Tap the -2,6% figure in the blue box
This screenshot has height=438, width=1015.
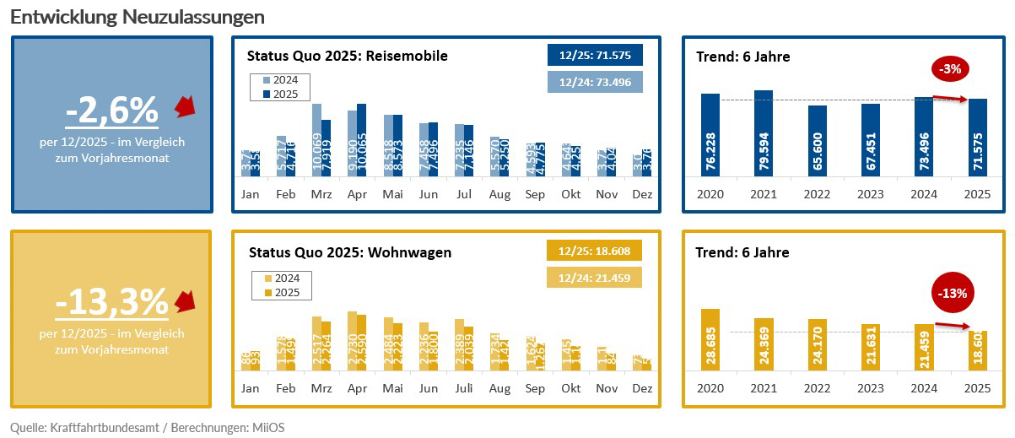tap(112, 110)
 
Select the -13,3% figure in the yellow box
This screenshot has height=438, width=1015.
tap(112, 301)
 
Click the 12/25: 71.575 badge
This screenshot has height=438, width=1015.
tap(595, 55)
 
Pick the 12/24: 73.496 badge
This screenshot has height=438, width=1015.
tap(595, 81)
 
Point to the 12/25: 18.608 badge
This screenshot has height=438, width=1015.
tap(595, 251)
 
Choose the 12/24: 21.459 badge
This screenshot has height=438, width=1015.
tap(595, 278)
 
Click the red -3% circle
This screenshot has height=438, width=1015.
tap(951, 69)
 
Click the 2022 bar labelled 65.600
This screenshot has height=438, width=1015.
tap(817, 141)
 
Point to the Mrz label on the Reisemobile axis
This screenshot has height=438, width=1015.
tap(321, 194)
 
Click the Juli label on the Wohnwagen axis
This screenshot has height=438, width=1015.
tap(464, 388)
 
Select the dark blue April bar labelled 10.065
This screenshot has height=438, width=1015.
tap(362, 140)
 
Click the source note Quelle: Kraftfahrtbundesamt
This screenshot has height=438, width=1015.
tap(148, 428)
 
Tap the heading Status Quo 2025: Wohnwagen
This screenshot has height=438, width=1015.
tap(350, 251)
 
